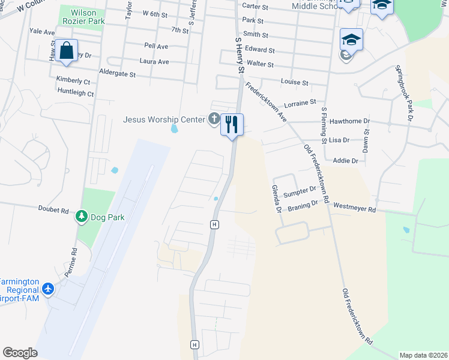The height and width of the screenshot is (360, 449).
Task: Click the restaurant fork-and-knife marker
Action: [232, 125]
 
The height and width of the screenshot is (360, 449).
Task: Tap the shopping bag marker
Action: [66, 50]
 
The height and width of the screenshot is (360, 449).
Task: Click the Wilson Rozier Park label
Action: [88, 17]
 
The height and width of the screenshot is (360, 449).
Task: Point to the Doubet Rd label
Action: [54, 211]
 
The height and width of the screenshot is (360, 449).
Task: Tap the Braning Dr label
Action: [303, 204]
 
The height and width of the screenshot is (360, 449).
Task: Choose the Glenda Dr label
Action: [276, 199]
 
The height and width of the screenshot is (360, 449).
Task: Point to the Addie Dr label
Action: [345, 161]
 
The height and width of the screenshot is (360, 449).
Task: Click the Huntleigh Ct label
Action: [76, 93]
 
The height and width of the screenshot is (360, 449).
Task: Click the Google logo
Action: [20, 353]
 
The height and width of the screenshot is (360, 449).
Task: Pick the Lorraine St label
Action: [300, 103]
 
